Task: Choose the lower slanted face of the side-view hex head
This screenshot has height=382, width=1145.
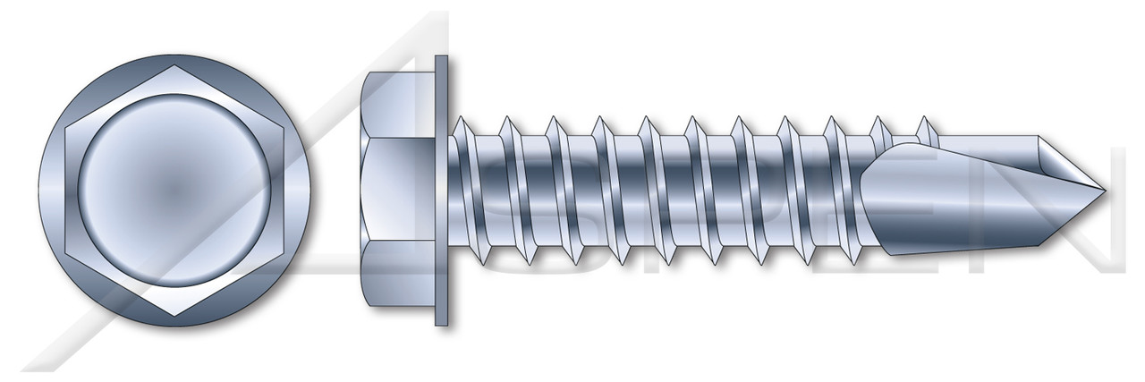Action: (x=400, y=276)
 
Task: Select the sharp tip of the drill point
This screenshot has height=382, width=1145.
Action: (x=1106, y=190)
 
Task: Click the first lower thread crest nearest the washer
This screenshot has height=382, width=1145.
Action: (x=484, y=262)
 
